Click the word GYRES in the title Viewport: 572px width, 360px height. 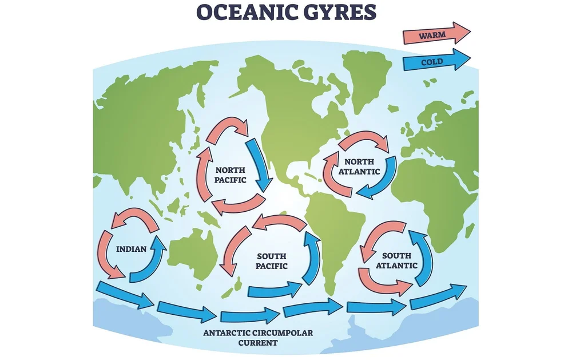point(337,13)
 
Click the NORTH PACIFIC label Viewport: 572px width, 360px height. point(231,175)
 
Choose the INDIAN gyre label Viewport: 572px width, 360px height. point(132,249)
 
